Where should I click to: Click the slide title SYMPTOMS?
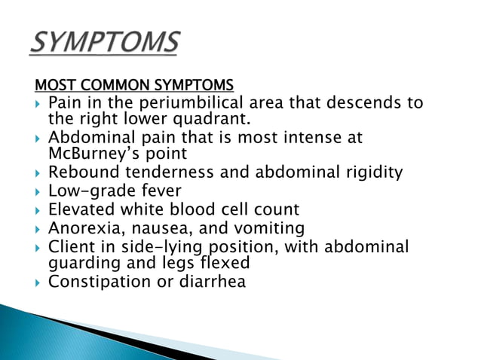[105, 43]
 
